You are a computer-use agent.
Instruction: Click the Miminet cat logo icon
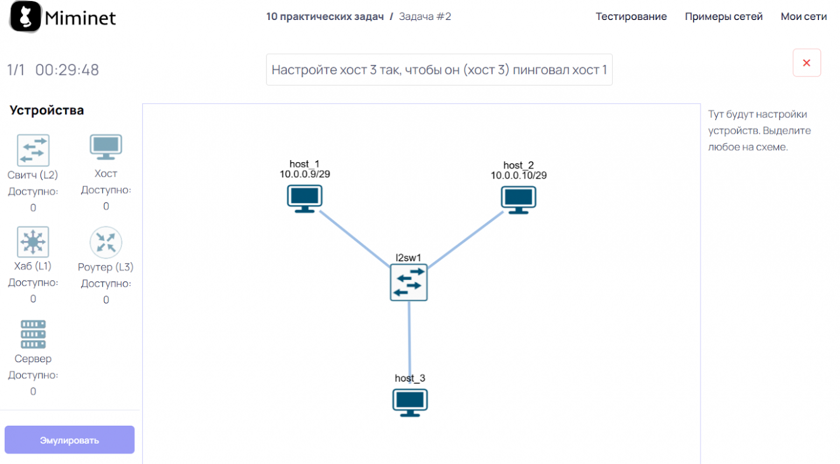pos(25,17)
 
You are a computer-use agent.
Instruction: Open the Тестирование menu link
pos(631,17)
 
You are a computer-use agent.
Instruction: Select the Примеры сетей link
pos(724,17)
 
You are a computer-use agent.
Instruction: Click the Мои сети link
pos(803,17)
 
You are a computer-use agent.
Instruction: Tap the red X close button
pos(807,63)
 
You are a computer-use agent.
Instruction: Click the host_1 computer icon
pos(305,198)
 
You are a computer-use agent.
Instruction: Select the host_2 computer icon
pos(519,199)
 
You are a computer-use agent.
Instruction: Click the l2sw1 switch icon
pos(409,282)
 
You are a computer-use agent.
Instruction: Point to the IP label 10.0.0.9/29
pos(305,174)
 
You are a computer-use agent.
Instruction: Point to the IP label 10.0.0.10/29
pos(519,175)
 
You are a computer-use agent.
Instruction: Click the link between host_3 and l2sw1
pos(410,337)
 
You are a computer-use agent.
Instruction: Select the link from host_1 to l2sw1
pos(354,238)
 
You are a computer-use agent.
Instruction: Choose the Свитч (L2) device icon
pos(33,150)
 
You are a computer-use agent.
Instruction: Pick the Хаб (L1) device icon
pos(33,242)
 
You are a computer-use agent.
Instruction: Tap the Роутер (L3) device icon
pos(106,242)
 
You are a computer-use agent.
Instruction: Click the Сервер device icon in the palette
pos(33,334)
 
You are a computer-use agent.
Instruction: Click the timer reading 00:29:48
pos(67,70)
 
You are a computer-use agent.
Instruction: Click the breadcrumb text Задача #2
pos(425,17)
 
